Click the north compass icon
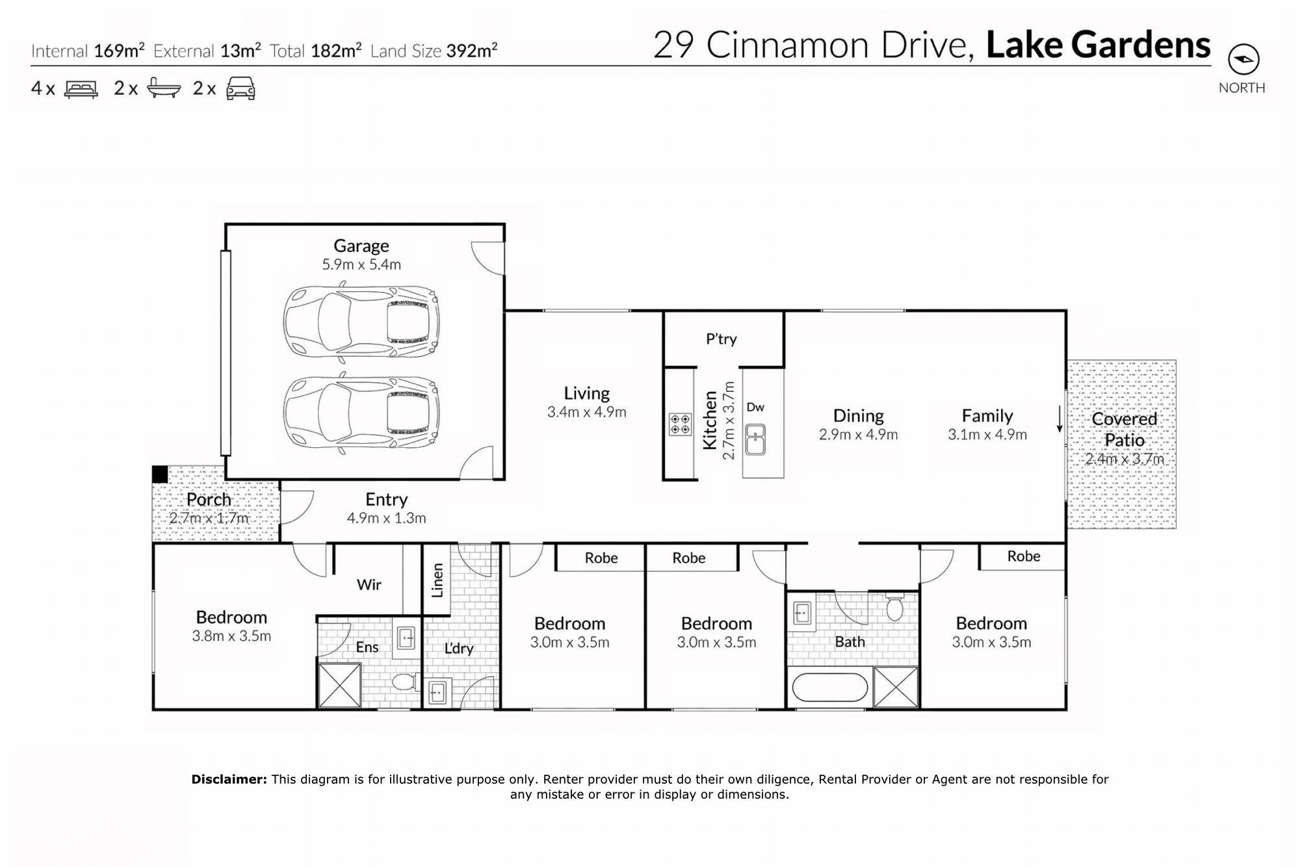click(1243, 60)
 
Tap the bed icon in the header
click(81, 88)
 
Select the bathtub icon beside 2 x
click(163, 88)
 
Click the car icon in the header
click(240, 88)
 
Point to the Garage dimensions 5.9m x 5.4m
click(361, 265)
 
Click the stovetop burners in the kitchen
click(680, 424)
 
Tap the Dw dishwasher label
click(755, 408)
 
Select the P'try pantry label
click(721, 339)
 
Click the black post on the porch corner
click(159, 474)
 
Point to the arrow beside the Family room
click(1059, 419)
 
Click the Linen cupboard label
click(437, 580)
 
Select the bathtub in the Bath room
click(830, 687)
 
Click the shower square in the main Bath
click(895, 686)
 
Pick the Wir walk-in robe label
click(369, 584)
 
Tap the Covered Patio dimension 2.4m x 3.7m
click(1124, 459)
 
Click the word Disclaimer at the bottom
click(229, 779)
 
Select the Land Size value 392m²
click(472, 50)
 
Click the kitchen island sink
click(755, 440)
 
